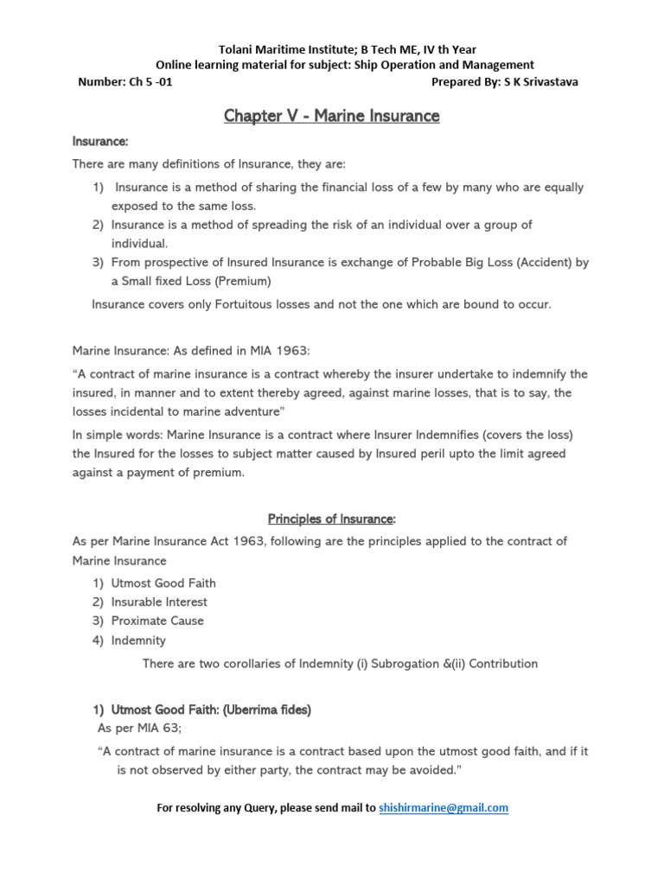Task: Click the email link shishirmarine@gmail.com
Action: [x=444, y=808]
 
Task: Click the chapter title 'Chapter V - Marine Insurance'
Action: [x=332, y=116]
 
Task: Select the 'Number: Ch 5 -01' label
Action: [x=118, y=82]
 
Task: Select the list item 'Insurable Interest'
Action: [x=159, y=602]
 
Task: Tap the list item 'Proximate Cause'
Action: [x=157, y=621]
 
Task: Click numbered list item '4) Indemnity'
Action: [x=130, y=640]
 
